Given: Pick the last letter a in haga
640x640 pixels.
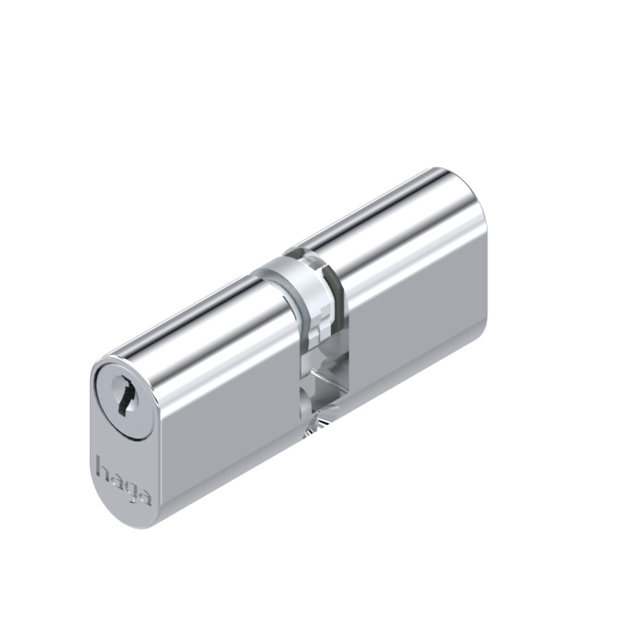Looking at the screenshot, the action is point(144,496).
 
